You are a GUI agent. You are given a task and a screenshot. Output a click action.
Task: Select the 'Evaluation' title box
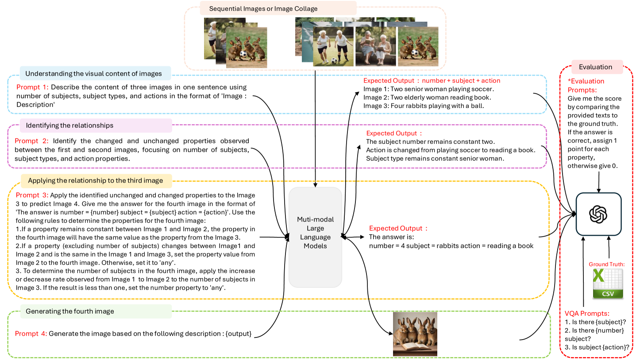pos(595,67)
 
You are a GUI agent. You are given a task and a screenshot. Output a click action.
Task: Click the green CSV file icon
pos(608,283)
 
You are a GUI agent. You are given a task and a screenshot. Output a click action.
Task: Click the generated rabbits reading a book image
pos(415,334)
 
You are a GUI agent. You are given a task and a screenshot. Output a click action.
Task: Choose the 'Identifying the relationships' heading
pos(69,126)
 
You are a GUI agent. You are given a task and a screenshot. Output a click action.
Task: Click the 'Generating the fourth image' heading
pos(69,311)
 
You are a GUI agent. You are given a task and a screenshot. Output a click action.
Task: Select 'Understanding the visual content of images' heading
pos(93,73)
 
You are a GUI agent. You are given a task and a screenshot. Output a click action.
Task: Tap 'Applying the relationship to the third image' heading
pos(95,180)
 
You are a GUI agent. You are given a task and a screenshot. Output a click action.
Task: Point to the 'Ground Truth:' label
pos(606,264)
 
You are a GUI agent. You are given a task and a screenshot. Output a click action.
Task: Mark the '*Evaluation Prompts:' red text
pos(586,85)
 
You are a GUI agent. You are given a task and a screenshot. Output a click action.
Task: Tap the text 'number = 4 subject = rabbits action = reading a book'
pos(451,245)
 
